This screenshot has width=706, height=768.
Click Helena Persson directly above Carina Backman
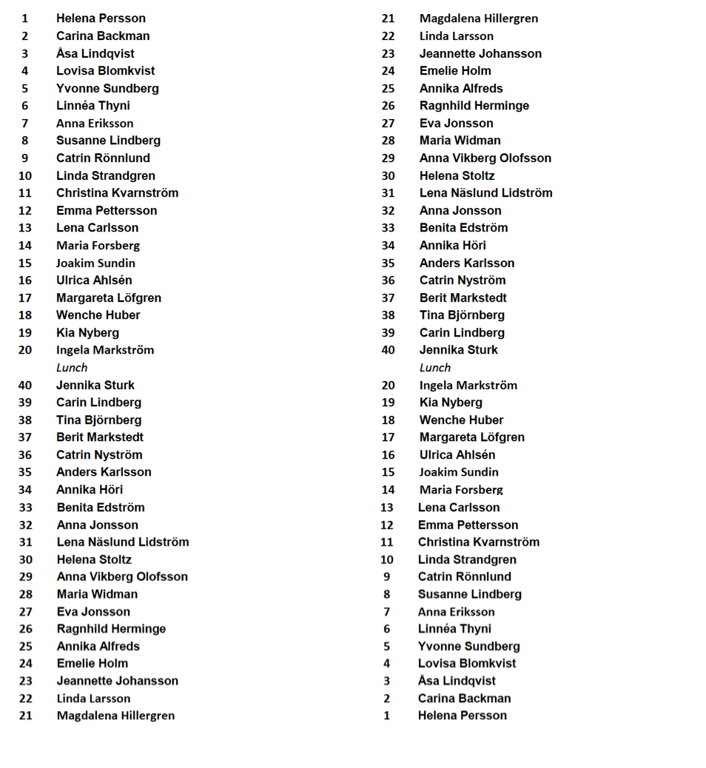click(101, 18)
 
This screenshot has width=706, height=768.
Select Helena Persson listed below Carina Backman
click(462, 715)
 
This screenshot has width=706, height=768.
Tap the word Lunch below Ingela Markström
click(72, 368)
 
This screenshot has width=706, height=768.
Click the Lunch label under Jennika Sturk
click(434, 368)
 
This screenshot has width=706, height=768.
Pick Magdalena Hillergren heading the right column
click(478, 18)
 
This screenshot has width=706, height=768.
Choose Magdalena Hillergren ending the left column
click(115, 715)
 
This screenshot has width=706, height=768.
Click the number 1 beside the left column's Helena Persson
click(24, 18)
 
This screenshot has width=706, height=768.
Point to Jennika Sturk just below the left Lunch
click(95, 385)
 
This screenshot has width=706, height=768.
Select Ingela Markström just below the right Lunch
click(468, 385)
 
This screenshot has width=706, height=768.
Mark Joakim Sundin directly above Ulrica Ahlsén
click(95, 263)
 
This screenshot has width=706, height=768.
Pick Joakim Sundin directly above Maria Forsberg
click(458, 472)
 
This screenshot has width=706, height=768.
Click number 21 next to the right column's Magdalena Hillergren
click(388, 18)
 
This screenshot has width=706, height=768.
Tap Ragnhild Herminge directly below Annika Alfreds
click(474, 106)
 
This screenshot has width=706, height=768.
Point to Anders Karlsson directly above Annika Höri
click(466, 263)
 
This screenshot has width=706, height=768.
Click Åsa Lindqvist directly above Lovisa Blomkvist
click(95, 53)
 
